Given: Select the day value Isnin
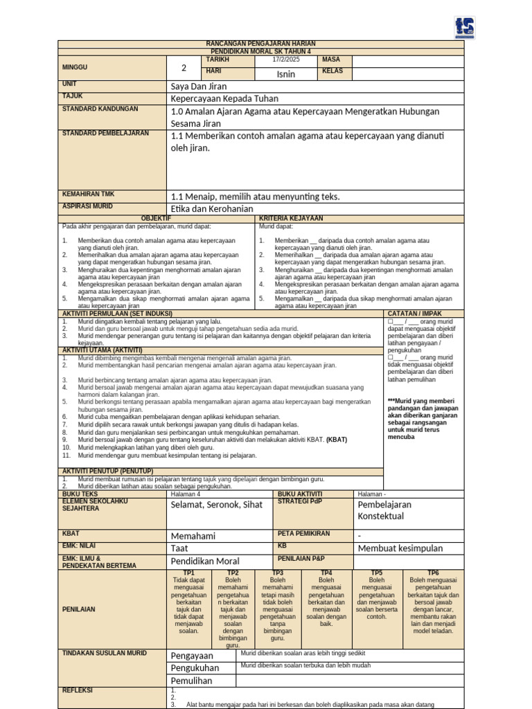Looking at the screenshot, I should [286, 73].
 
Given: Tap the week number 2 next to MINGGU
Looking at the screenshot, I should [184, 67].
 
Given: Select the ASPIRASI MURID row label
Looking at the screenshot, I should [87, 206].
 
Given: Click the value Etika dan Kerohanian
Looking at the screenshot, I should [211, 208].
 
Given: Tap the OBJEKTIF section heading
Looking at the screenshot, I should [156, 218].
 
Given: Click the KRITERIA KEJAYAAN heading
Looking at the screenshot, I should [291, 218].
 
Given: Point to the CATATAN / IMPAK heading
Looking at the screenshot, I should [413, 314].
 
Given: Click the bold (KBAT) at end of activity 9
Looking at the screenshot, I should [337, 439].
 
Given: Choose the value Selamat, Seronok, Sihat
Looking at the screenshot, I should [216, 505].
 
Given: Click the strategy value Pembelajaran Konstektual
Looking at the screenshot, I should [384, 510].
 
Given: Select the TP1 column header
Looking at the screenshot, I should [189, 573].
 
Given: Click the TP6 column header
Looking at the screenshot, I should [433, 573].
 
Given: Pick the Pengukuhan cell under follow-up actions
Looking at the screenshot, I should [195, 668].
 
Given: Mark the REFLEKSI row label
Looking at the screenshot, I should [78, 690].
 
